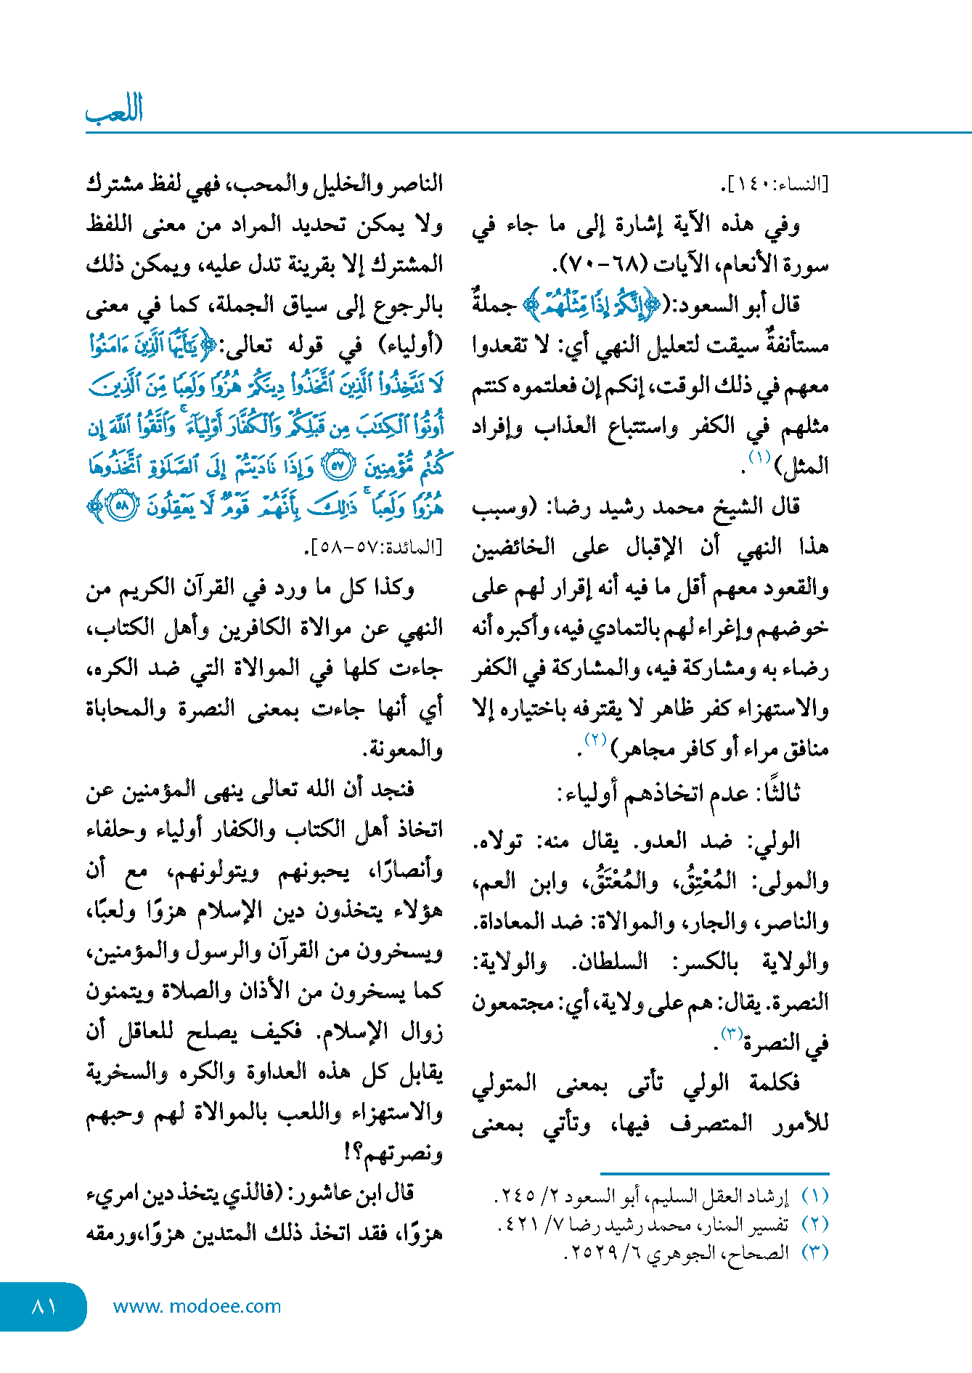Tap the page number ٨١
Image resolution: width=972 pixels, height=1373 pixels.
click(44, 1306)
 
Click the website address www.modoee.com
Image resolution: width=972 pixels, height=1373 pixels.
click(197, 1306)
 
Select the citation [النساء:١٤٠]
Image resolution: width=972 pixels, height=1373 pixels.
click(774, 185)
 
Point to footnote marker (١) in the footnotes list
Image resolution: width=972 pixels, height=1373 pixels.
click(815, 1195)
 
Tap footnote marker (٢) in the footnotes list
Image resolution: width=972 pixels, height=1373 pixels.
click(815, 1224)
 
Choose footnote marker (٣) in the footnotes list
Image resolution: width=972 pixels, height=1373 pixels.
click(815, 1252)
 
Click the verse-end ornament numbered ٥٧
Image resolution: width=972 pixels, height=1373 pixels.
click(337, 466)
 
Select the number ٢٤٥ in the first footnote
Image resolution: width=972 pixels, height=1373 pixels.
click(516, 1195)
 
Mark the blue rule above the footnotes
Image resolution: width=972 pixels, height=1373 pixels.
click(714, 1173)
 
